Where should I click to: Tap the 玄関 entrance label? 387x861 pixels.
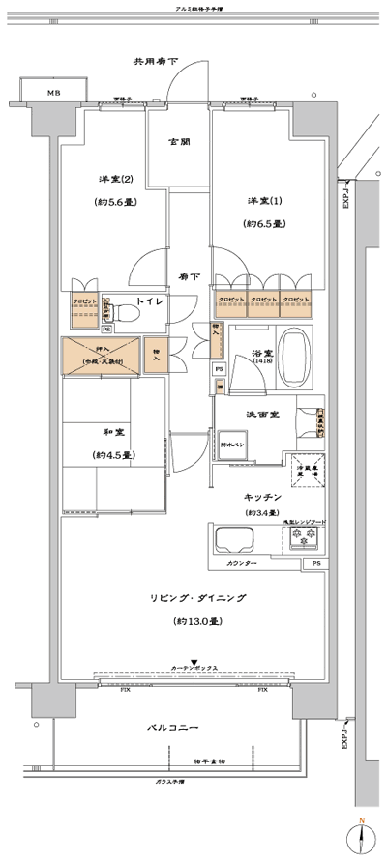coord(179,142)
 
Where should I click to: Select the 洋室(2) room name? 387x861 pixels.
coord(114,181)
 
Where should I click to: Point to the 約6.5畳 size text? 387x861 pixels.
coord(263,223)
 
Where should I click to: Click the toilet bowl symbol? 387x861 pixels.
coord(124,312)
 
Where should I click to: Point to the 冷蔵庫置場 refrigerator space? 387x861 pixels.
coord(310,462)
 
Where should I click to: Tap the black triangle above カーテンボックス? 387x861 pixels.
coord(194,661)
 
